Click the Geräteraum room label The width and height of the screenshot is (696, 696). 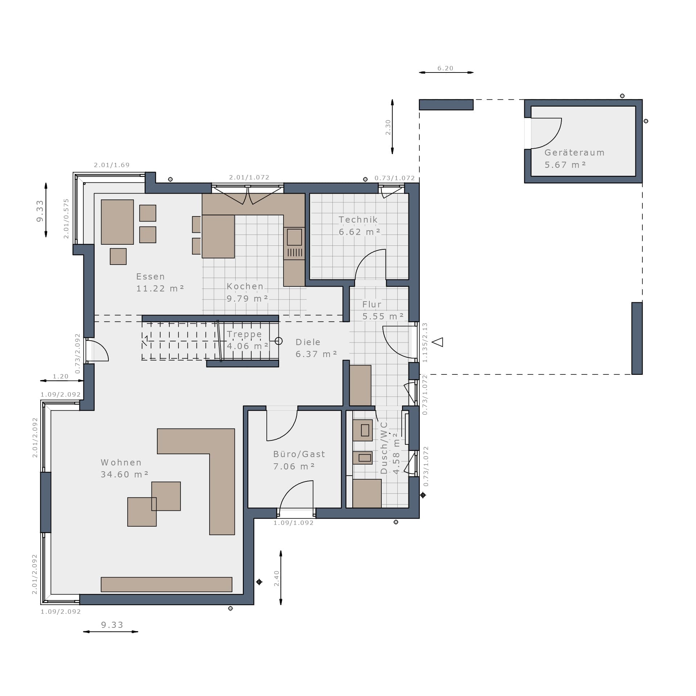coord(574,159)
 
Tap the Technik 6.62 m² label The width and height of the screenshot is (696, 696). coord(359,225)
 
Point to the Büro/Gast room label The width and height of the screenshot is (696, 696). coord(299,460)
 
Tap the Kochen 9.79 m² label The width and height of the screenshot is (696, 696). coord(247,292)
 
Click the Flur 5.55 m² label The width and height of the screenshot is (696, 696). coord(383,310)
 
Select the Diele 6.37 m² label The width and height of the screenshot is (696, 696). coord(316,348)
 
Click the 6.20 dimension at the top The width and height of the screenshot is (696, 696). coord(446,68)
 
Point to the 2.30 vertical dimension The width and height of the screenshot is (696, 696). coord(388,127)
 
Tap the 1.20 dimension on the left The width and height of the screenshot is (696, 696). coord(61,376)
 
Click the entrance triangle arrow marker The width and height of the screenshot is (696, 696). coord(438,342)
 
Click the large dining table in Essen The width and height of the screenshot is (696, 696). coord(117,222)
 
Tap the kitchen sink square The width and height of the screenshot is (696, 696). coord(294,237)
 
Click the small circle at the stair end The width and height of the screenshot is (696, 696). coord(278,341)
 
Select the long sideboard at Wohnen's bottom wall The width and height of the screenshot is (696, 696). coord(166,584)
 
